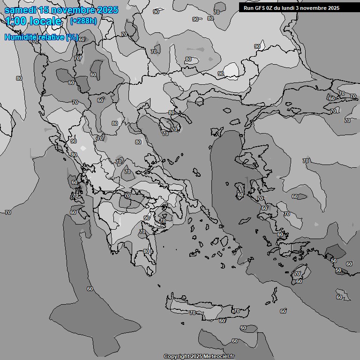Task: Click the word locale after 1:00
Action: (45, 21)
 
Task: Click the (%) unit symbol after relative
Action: (72, 37)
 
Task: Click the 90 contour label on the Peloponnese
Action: (146, 218)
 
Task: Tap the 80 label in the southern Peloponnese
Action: (146, 251)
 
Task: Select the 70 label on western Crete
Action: (192, 313)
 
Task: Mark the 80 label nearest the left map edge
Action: (19, 78)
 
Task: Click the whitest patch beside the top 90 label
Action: (231, 70)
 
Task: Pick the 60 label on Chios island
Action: (240, 195)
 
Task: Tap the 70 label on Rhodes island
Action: (297, 274)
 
